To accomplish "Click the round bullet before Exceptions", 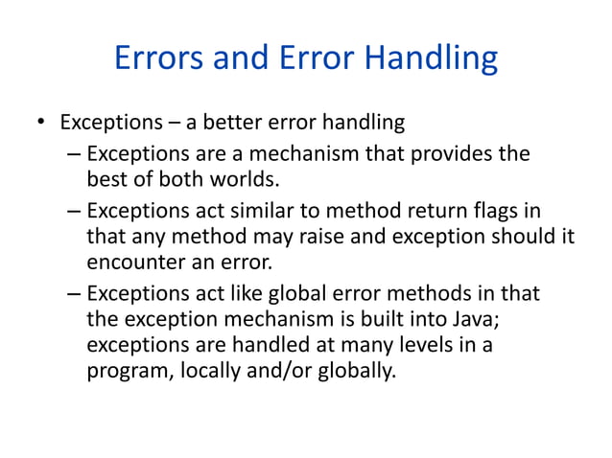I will [40, 124].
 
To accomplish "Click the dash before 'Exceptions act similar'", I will [75, 210].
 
